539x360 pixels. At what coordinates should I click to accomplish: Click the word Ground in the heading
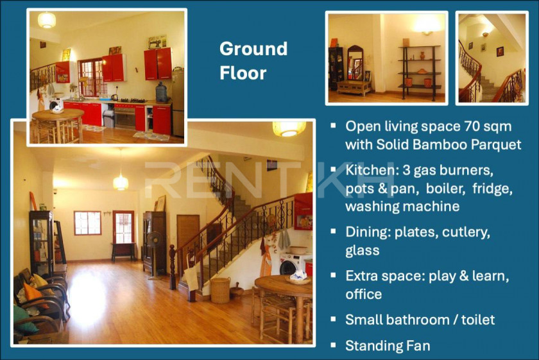point(253,49)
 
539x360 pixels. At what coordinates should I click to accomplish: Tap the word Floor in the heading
point(243,73)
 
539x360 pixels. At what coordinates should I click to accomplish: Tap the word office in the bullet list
point(364,295)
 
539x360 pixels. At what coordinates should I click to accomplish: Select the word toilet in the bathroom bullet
point(478,320)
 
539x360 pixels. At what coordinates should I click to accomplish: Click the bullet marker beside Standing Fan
point(333,345)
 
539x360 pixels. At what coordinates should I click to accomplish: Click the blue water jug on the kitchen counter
point(161,92)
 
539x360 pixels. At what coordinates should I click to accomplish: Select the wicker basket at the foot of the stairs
point(220,290)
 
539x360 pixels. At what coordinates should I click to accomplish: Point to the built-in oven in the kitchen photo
point(124,117)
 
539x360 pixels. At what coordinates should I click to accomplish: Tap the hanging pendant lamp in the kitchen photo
point(47,20)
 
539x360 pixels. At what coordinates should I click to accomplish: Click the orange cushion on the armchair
point(33,293)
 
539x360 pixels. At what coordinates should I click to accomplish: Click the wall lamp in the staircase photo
point(485,35)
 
